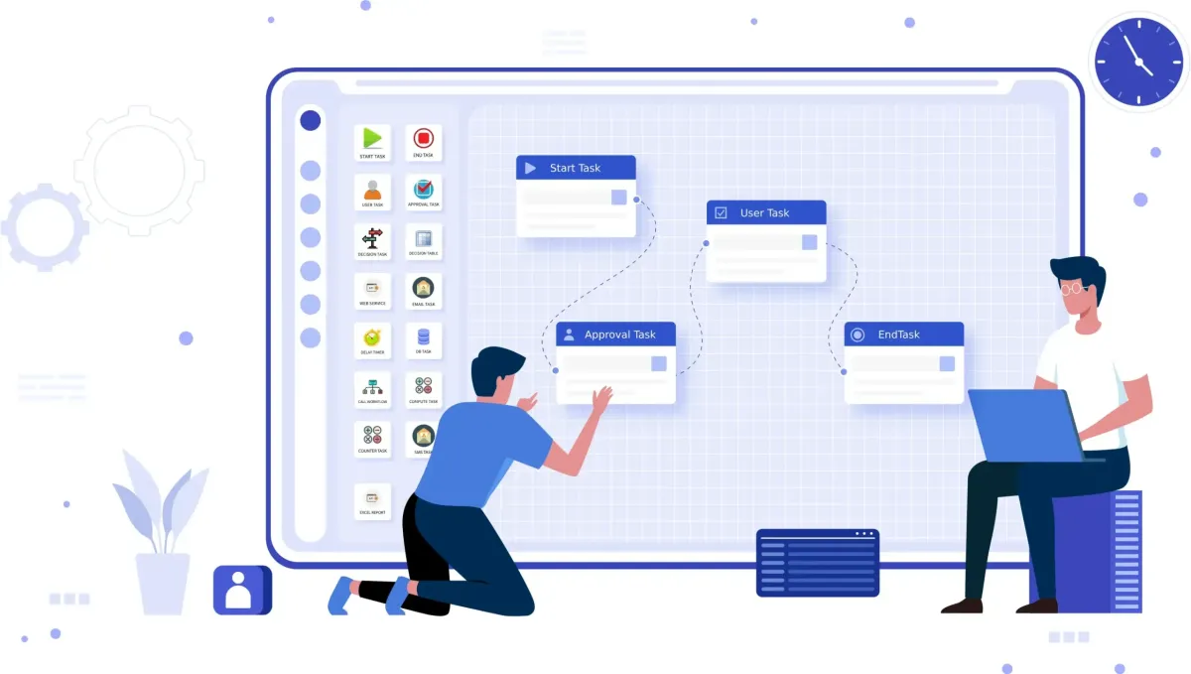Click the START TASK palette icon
click(372, 139)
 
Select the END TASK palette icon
click(424, 139)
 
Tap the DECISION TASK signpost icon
click(372, 238)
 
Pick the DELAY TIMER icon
click(372, 337)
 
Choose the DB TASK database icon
click(424, 337)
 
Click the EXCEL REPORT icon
click(372, 498)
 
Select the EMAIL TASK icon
click(424, 288)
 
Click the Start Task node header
click(576, 168)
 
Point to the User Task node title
click(765, 212)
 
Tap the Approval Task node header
click(615, 335)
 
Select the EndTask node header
click(903, 335)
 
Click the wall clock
click(1138, 62)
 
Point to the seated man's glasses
click(1073, 289)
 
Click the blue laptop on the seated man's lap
click(1026, 426)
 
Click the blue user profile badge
click(241, 590)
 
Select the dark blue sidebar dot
click(311, 120)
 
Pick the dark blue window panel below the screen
click(817, 562)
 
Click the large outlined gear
click(139, 171)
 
